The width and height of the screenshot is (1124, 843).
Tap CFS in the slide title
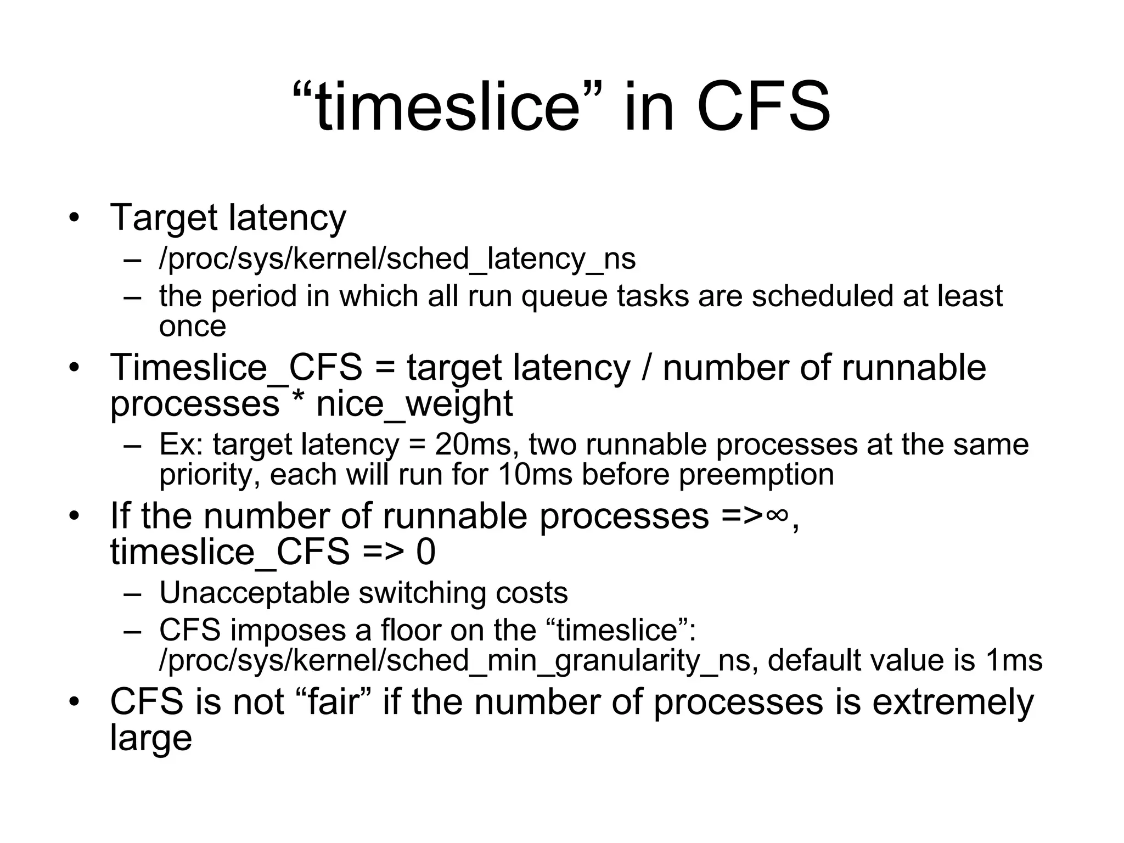coord(763,106)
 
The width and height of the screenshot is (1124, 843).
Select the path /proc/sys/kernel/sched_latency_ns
coord(397,258)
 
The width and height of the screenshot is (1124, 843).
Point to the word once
coord(193,326)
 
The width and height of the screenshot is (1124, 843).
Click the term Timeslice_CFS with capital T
coord(237,367)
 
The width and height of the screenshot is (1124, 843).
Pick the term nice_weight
coord(414,403)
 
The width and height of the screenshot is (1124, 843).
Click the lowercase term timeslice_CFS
coord(230,552)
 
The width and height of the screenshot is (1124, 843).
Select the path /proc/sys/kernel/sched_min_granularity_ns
coord(454,660)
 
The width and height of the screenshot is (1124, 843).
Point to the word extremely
coord(953,701)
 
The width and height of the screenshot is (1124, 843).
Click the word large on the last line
coord(151,738)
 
